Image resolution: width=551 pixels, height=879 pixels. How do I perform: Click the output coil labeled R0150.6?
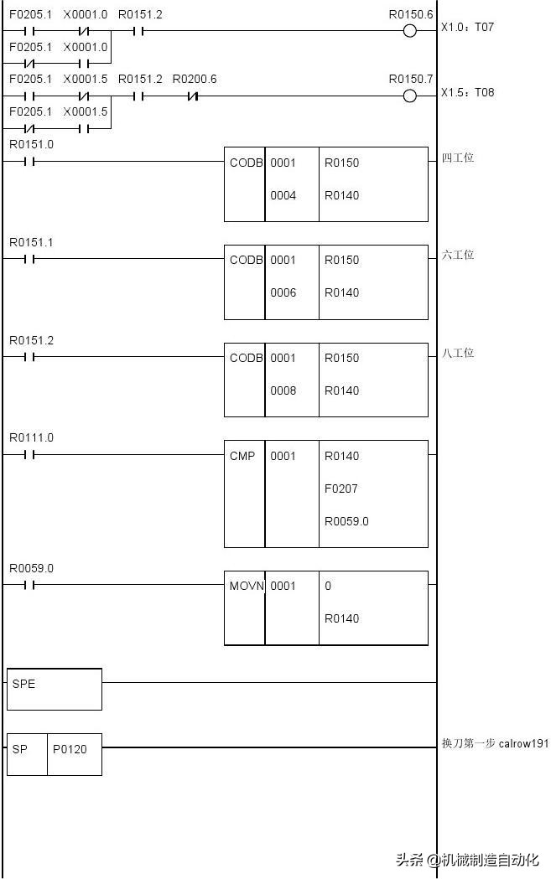pos(409,31)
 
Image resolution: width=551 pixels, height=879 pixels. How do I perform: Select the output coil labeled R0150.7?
pos(409,96)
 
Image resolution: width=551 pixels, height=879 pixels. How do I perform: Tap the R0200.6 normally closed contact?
pos(193,96)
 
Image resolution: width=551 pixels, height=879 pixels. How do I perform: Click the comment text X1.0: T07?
pos(467,28)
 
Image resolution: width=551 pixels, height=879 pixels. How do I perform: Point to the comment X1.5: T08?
pos(467,92)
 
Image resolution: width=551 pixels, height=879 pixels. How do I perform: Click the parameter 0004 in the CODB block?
pos(283,195)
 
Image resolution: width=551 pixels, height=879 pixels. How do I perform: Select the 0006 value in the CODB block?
pos(283,292)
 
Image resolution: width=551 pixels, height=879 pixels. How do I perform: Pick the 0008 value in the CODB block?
pos(283,390)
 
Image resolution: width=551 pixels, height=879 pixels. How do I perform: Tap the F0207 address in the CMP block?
pos(341,489)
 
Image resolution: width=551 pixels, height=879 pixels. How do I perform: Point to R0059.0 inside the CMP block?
pos(346,521)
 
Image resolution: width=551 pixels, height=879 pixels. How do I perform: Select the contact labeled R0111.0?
pos(29,455)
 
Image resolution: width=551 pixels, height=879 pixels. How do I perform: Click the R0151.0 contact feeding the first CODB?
pos(29,162)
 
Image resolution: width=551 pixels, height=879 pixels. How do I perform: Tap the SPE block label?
pos(24,684)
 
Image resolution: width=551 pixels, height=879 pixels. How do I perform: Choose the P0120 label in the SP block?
pos(70,749)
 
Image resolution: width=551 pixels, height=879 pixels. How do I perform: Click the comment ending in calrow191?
pos(494,743)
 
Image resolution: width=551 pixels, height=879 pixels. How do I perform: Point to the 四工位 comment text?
pos(458,158)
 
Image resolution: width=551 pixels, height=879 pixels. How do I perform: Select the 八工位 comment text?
pos(458,353)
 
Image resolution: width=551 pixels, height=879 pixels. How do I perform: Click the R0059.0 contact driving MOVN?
pos(29,586)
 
